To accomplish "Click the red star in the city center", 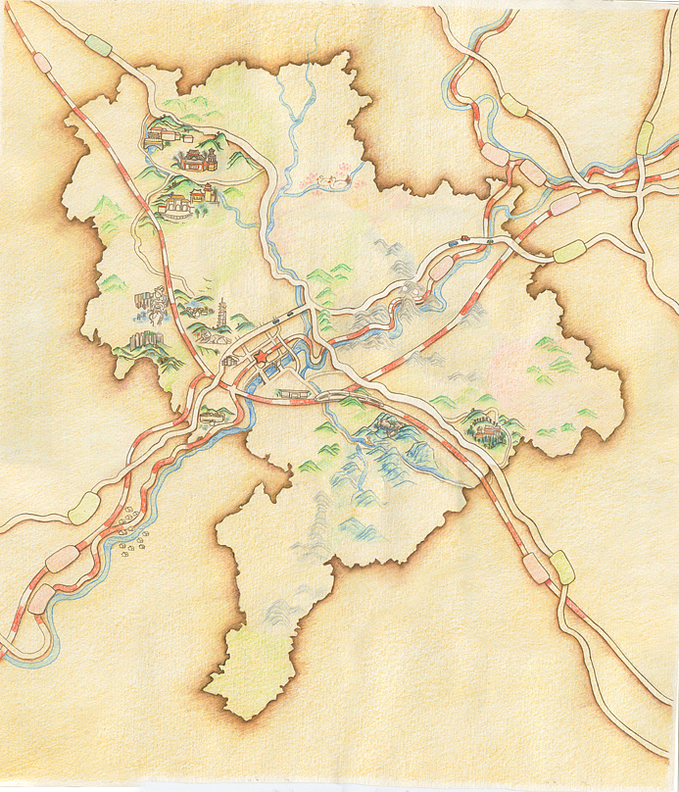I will coord(260,359).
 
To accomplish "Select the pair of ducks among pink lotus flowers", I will coord(335,179).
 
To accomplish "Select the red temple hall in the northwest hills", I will coord(195,159).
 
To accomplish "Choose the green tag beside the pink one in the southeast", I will coord(561,567).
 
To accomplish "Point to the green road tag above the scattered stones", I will coord(84,507).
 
